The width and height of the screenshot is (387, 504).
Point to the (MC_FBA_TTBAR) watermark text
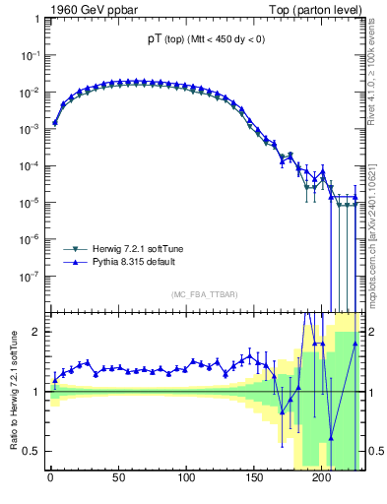tap(205, 295)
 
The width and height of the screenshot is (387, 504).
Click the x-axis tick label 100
tap(186, 481)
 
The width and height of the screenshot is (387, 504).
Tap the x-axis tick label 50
tap(118, 481)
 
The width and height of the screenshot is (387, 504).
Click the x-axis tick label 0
tap(50, 481)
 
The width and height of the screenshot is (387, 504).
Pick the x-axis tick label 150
tap(254, 481)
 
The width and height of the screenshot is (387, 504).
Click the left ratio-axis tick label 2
tap(37, 332)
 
